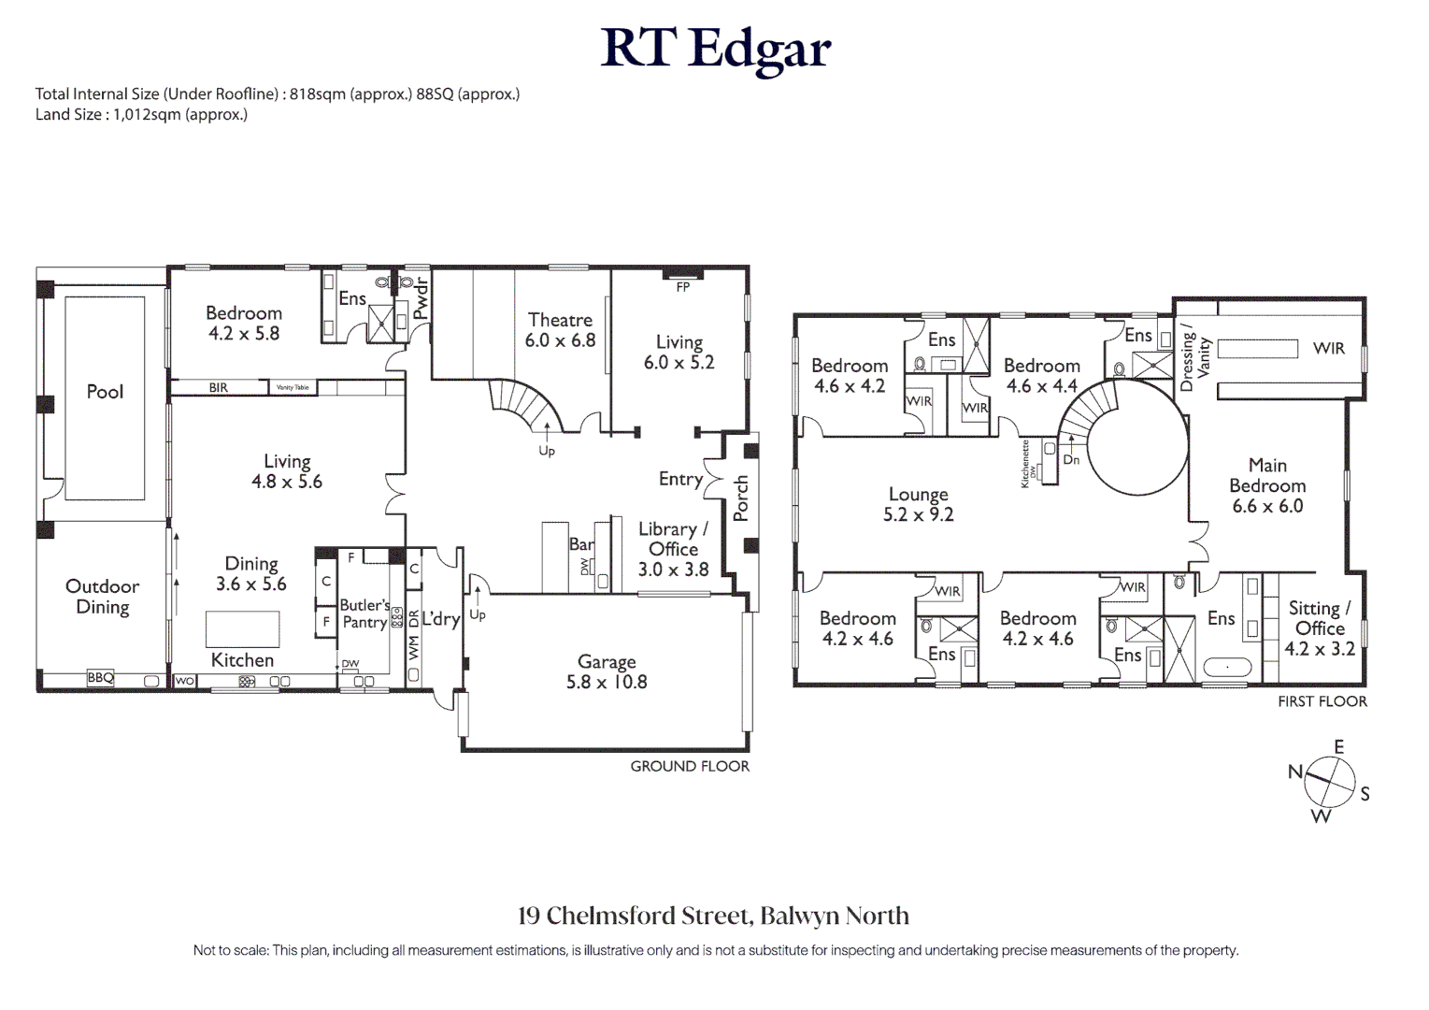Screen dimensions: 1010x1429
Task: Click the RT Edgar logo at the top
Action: (715, 49)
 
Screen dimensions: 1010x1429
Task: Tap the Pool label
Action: (105, 392)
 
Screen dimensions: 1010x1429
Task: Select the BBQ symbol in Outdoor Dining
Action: (100, 678)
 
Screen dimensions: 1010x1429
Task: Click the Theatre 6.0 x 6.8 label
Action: (560, 330)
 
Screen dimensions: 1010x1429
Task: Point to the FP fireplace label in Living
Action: (683, 287)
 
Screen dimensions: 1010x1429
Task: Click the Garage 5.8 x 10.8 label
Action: (607, 671)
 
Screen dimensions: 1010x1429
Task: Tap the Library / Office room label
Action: (673, 549)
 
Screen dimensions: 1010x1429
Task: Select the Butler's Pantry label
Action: (364, 613)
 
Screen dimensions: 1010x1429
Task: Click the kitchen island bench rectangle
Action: (242, 628)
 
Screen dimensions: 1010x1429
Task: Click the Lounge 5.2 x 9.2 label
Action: (918, 504)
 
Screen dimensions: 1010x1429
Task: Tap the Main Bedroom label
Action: (1267, 485)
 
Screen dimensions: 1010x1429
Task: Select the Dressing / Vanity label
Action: (1195, 357)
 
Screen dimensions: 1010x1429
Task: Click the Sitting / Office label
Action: (1319, 628)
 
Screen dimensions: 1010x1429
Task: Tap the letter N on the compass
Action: (1295, 772)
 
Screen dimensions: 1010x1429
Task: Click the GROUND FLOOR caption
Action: (690, 766)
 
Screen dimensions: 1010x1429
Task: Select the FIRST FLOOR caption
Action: (1322, 701)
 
